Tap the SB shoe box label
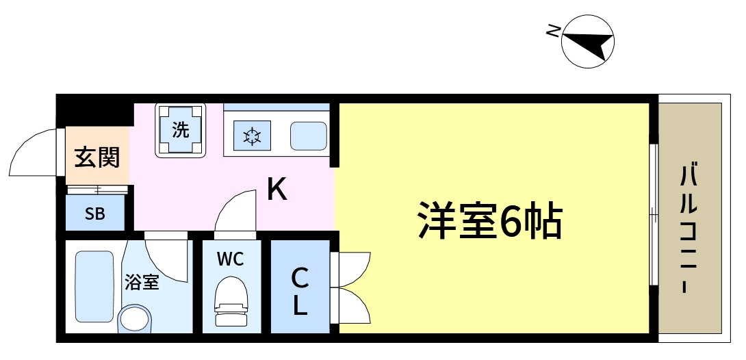click(x=95, y=214)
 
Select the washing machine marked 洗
click(x=181, y=129)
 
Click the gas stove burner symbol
click(x=252, y=136)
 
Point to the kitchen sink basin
click(x=308, y=136)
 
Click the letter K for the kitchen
click(x=276, y=190)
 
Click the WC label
click(x=230, y=259)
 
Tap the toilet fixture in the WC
click(x=231, y=301)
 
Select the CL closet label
click(x=300, y=291)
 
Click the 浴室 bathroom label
click(x=142, y=281)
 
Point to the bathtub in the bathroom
click(x=93, y=286)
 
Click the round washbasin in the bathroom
click(x=134, y=319)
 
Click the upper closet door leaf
click(x=355, y=268)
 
